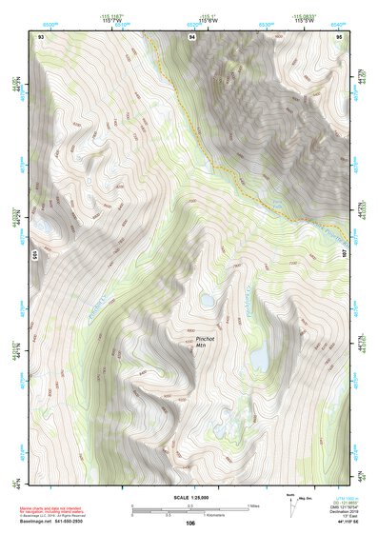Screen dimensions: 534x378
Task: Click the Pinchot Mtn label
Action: (x=206, y=342)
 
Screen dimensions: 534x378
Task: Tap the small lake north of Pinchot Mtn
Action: (x=206, y=302)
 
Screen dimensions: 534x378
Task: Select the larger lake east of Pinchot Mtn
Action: (x=258, y=358)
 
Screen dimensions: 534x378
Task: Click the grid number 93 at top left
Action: (x=40, y=35)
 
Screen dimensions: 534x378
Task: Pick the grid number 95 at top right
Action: (x=338, y=35)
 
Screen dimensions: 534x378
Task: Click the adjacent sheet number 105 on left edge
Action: (x=33, y=255)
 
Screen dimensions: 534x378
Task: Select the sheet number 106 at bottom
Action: (x=190, y=523)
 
